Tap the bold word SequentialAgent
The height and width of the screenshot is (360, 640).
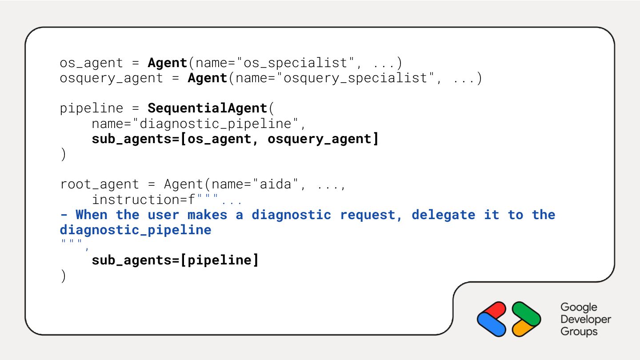207,108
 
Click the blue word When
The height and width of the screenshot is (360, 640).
92,215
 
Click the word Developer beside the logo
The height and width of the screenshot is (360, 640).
585,319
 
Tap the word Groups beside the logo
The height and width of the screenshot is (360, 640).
579,332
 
